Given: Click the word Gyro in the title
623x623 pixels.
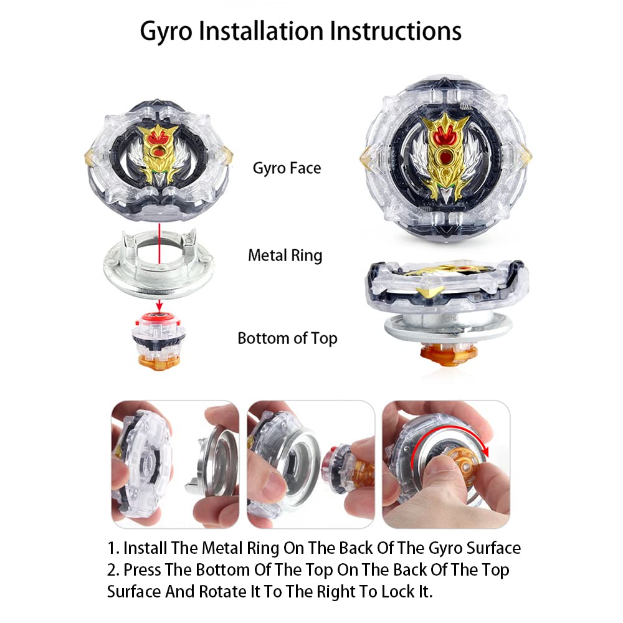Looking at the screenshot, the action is click(x=166, y=32).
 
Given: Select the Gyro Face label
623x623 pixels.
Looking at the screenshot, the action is click(x=287, y=168).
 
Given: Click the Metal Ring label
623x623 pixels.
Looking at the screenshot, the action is click(x=285, y=255).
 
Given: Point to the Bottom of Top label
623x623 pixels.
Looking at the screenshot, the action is click(x=287, y=338).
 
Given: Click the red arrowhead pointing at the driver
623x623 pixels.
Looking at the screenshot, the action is click(x=159, y=306).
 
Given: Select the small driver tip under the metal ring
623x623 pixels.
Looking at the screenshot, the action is click(x=159, y=341).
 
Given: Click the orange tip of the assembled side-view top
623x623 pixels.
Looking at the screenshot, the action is click(x=449, y=353).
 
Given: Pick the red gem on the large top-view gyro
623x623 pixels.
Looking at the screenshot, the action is click(x=446, y=156).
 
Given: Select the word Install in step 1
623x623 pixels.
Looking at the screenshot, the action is click(x=145, y=548).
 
